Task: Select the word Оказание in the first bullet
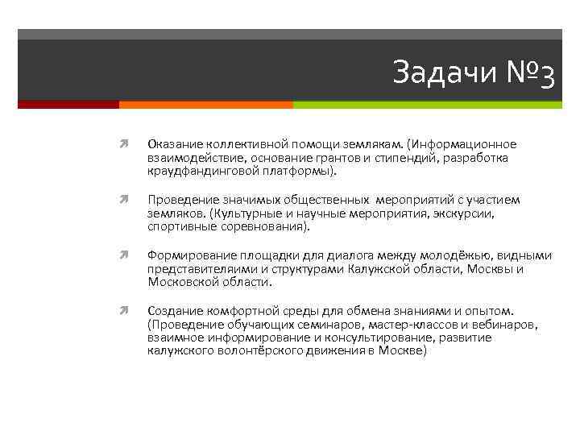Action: point(173,144)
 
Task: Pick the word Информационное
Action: point(463,144)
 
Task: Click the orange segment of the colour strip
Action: point(205,105)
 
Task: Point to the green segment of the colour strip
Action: point(427,105)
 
